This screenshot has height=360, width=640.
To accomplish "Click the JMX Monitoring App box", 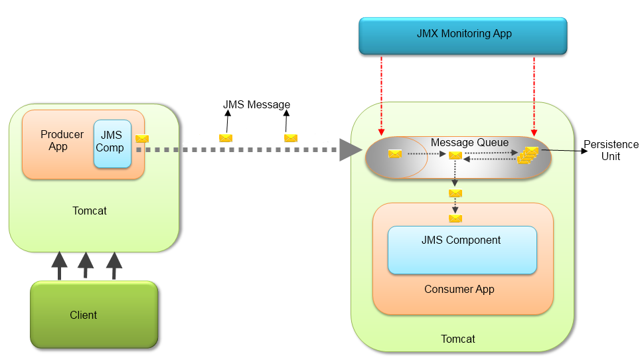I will coord(463,35).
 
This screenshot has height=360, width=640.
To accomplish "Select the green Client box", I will coord(94,314).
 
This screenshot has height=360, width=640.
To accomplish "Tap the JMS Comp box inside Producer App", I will coord(112,143).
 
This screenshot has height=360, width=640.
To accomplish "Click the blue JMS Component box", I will coord(461,250).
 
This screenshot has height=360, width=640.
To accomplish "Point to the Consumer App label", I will coord(459,290).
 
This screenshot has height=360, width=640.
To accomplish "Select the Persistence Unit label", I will coord(611,150).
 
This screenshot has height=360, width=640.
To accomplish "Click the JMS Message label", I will coord(256,105).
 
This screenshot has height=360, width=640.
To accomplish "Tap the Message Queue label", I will coord(469,142).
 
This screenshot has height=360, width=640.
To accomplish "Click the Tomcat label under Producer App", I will coord(89,211).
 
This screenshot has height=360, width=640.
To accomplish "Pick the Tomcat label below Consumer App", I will coord(457,339).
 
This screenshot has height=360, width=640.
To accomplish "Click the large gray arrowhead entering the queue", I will coord(349,150).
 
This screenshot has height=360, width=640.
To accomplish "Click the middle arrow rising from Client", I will coord(86,265).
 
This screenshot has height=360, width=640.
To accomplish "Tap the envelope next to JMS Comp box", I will coord(141,139).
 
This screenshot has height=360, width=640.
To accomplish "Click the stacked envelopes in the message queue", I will coord(528,155).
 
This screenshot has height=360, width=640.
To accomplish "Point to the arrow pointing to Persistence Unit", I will coord(564,151).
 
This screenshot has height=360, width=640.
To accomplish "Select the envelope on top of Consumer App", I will coord(455,218).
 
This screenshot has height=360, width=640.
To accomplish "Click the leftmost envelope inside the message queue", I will coord(395,154).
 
